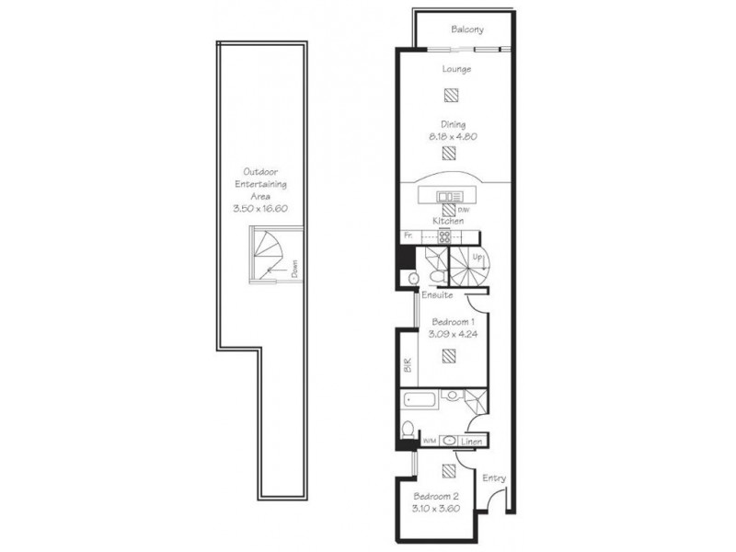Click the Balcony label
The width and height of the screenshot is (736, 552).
(467, 29)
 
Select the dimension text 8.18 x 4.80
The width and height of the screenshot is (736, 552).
(451, 137)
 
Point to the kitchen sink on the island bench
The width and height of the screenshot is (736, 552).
(452, 196)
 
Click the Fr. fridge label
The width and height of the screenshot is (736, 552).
(407, 237)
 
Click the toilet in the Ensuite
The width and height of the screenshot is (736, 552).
(413, 278)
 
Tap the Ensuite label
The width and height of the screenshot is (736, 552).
(436, 295)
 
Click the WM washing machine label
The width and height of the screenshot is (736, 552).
(427, 443)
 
